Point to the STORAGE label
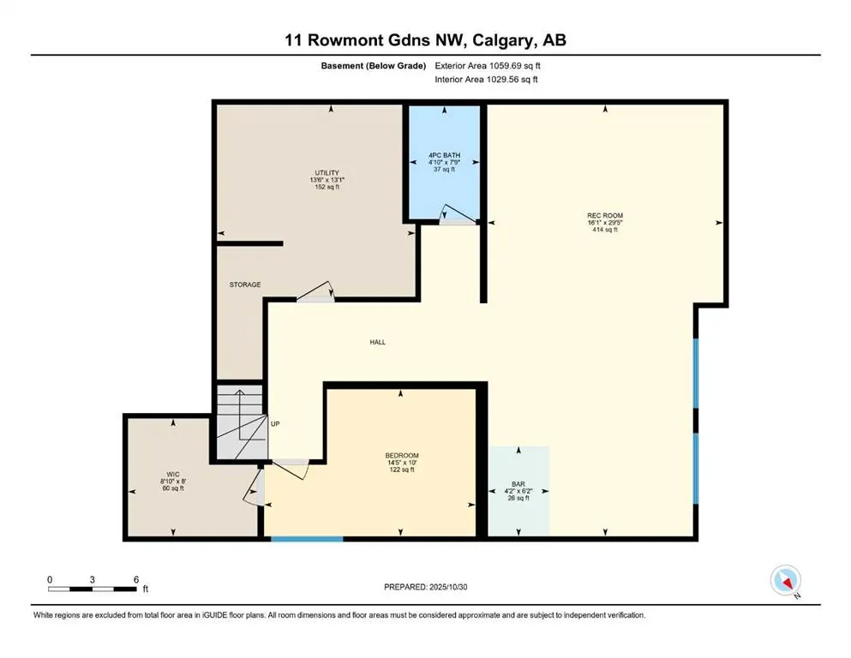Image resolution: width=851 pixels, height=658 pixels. point(245,284)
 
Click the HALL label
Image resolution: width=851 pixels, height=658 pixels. point(377,342)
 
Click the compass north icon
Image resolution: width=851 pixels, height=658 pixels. point(786,581)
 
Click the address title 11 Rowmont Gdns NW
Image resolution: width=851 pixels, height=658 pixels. point(425,40)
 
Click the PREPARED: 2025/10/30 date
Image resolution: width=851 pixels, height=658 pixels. point(426,588)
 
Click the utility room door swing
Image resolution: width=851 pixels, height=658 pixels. point(315,292)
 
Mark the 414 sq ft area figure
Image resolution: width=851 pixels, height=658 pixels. point(605,230)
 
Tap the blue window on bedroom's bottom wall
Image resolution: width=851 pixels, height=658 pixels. point(307,538)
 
